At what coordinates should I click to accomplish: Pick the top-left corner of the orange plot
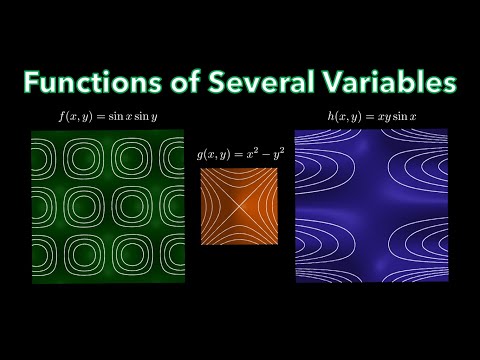pyautogui.click(x=200, y=168)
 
